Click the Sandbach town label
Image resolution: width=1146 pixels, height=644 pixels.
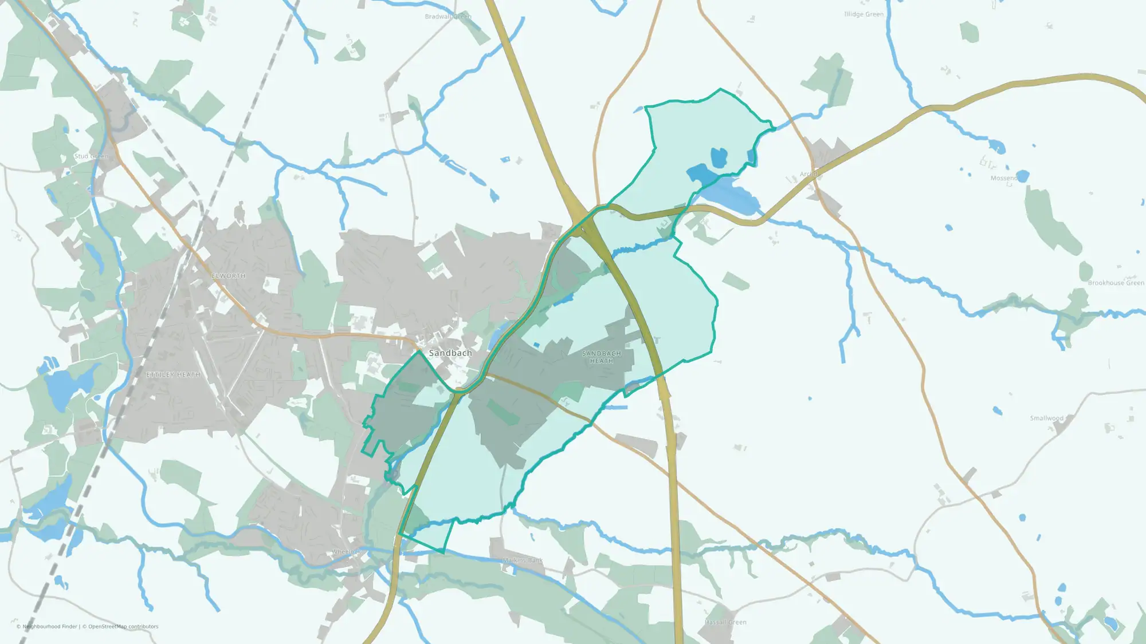(450, 353)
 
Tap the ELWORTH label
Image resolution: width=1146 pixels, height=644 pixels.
(229, 276)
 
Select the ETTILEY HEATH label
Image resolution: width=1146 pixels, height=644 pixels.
(174, 375)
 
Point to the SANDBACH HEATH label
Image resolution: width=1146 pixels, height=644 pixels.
(602, 357)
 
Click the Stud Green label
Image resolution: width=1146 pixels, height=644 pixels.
(91, 156)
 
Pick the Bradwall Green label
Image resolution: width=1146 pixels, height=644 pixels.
(448, 17)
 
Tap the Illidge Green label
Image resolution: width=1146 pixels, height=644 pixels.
(864, 14)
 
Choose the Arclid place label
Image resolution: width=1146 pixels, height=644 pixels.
(810, 174)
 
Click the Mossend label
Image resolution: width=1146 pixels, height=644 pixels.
(1003, 178)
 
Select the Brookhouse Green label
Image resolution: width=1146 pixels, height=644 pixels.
(1116, 283)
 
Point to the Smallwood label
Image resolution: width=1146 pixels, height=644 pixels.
(1046, 418)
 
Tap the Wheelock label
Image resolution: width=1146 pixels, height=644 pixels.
(347, 552)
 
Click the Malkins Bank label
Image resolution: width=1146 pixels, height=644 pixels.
(523, 560)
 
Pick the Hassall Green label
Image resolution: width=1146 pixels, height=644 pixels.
(725, 622)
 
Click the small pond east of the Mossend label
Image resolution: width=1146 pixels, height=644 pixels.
(1022, 176)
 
